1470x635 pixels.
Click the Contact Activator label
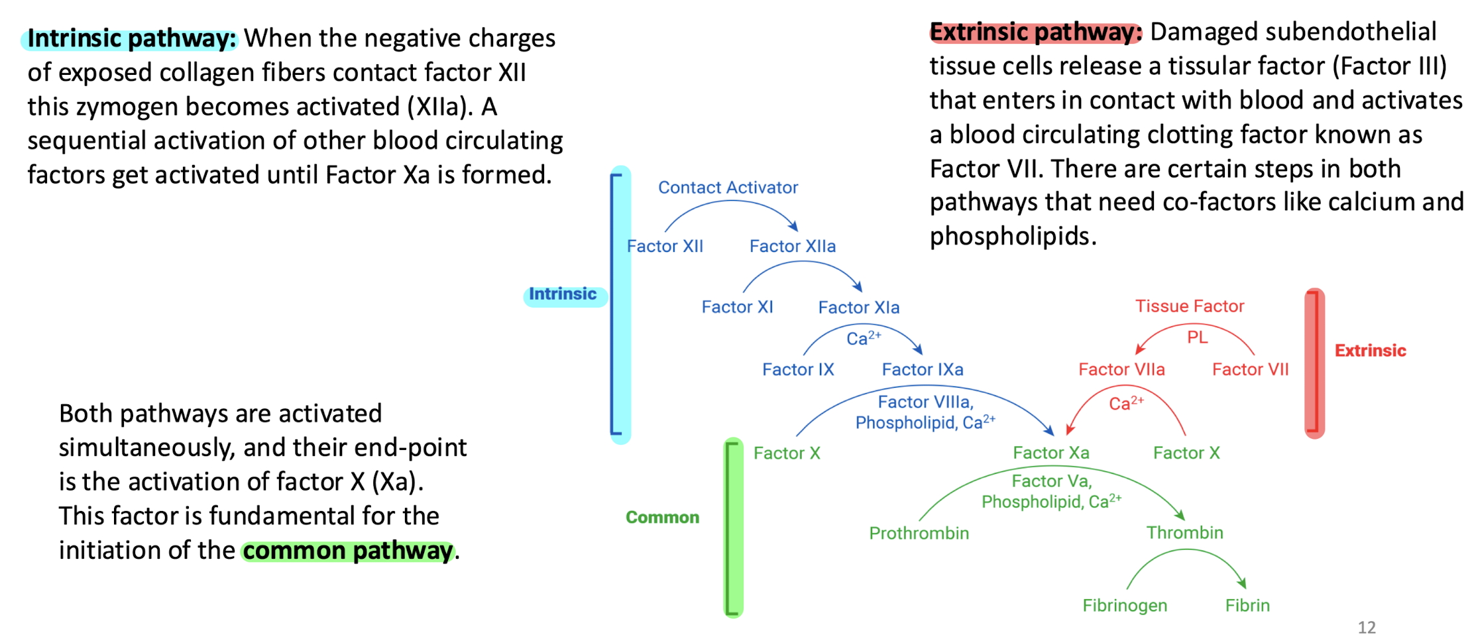[728, 188]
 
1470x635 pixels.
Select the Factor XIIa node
[792, 247]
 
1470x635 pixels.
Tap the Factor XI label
[737, 307]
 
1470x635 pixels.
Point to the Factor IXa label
[922, 369]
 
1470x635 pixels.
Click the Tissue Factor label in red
[1189, 306]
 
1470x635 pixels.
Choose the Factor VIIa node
[1121, 369]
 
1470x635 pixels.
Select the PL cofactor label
[1197, 337]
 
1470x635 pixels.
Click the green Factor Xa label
[1050, 453]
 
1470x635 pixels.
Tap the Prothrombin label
[919, 533]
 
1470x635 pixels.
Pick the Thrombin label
[1184, 532]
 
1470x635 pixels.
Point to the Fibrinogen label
[1125, 605]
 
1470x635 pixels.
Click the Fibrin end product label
[1247, 605]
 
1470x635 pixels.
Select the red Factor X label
[1186, 453]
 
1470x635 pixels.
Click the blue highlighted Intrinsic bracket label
[563, 294]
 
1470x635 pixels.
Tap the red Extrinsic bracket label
[1370, 351]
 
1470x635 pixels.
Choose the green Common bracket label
[662, 518]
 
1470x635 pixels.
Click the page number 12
[1366, 627]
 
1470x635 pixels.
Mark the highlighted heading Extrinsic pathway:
[1035, 32]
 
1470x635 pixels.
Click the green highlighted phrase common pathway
[348, 551]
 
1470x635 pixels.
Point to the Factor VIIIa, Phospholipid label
[925, 412]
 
